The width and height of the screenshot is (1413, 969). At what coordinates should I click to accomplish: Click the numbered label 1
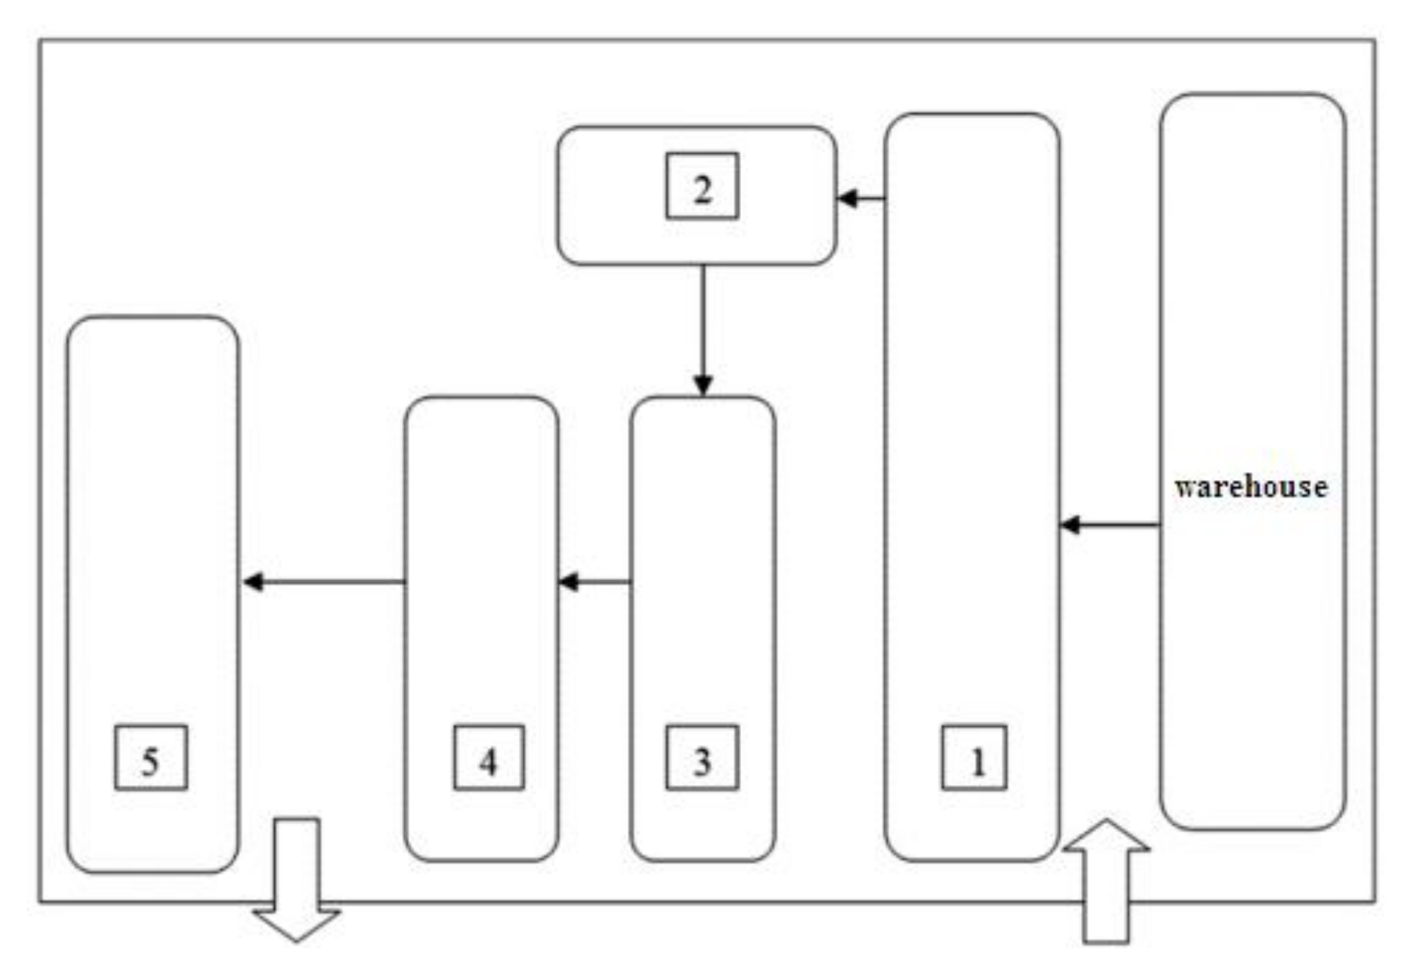click(x=974, y=757)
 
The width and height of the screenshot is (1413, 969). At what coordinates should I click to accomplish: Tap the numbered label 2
click(x=702, y=186)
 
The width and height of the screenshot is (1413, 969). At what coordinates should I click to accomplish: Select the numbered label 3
click(x=702, y=757)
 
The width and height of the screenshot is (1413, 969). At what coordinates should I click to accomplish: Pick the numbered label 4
click(x=489, y=757)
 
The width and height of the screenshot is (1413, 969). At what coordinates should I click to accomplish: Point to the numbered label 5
click(x=151, y=757)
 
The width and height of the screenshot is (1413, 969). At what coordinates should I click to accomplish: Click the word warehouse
click(x=1251, y=487)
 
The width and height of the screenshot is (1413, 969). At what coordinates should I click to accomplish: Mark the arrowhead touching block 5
click(x=252, y=582)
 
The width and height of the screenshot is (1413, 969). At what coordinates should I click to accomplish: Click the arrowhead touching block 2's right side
click(x=847, y=199)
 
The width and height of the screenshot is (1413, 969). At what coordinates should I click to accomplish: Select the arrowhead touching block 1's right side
click(x=1070, y=525)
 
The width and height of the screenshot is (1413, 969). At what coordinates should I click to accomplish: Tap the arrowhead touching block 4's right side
click(x=567, y=582)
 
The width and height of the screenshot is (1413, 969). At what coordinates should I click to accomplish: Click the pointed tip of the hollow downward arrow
click(x=297, y=940)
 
